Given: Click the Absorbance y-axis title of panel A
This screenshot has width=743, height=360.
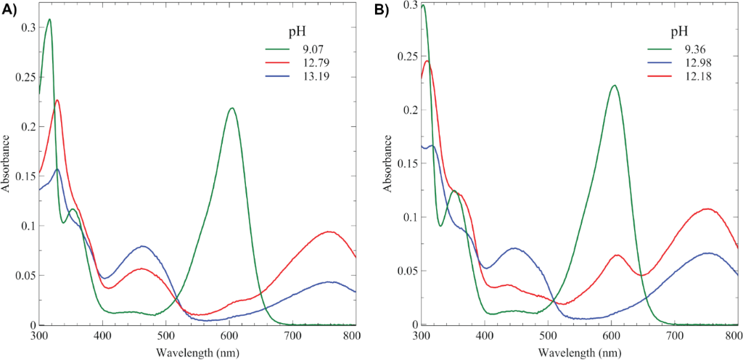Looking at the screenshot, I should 7,165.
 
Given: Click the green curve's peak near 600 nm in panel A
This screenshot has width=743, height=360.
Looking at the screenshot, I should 232,108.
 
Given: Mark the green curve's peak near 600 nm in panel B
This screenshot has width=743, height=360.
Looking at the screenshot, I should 614,85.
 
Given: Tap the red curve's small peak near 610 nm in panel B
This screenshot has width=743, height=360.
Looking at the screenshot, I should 617,255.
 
